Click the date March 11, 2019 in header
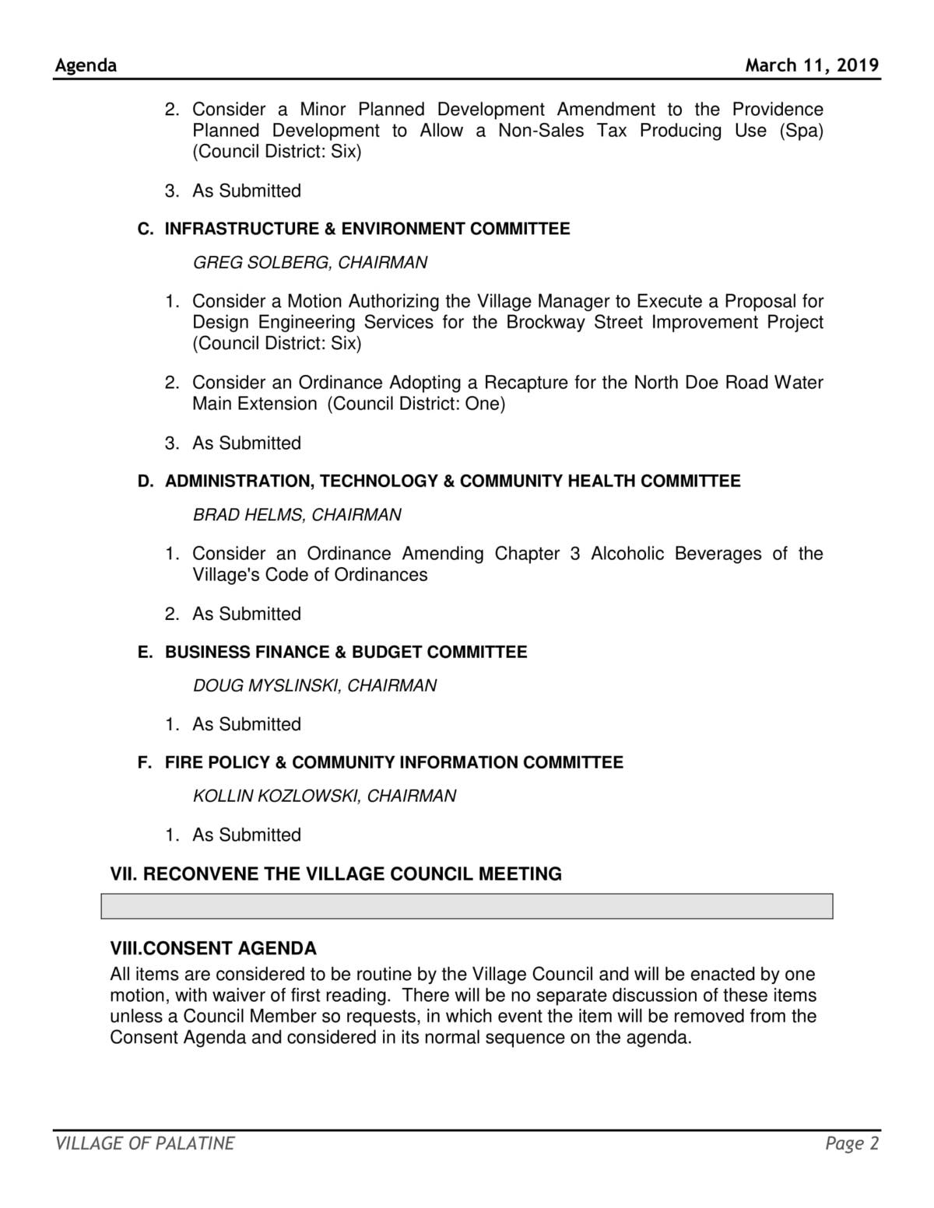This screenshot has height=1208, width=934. (812, 65)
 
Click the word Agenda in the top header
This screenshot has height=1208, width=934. (86, 65)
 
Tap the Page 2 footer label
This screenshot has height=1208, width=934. (852, 1143)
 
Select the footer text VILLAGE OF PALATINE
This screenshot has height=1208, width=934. (145, 1143)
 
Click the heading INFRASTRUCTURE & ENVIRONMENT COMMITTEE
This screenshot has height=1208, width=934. (367, 229)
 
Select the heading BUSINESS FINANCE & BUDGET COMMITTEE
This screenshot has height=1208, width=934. (346, 652)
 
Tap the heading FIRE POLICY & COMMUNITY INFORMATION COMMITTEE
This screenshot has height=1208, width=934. (394, 762)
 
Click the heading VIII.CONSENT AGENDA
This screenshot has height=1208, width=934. (213, 949)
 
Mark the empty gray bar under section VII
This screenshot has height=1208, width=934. (467, 906)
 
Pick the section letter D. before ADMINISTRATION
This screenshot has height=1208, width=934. (146, 481)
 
